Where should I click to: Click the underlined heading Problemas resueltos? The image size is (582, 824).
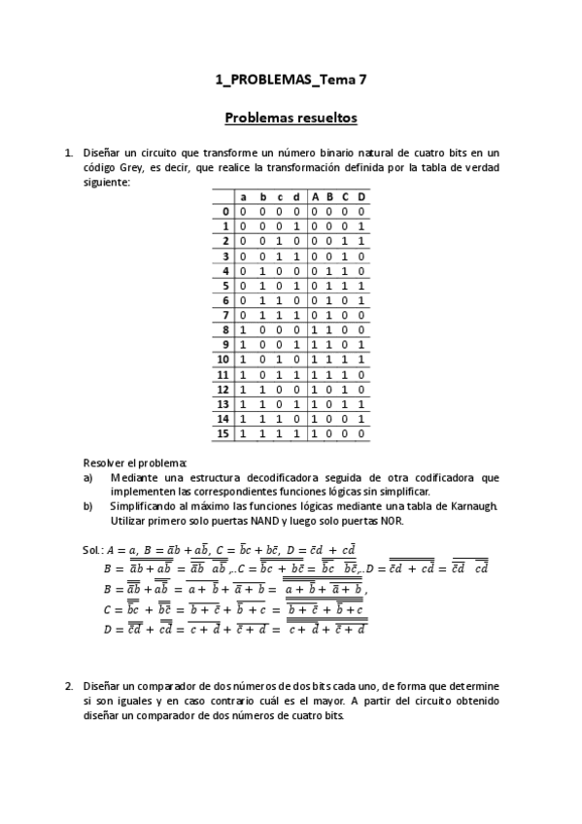(291, 119)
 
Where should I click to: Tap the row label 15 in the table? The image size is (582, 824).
(223, 433)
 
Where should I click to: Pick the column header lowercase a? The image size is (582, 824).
(244, 196)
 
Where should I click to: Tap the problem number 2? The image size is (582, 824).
(69, 686)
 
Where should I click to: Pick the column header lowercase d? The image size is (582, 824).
(295, 196)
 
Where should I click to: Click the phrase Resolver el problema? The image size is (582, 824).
(134, 463)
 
